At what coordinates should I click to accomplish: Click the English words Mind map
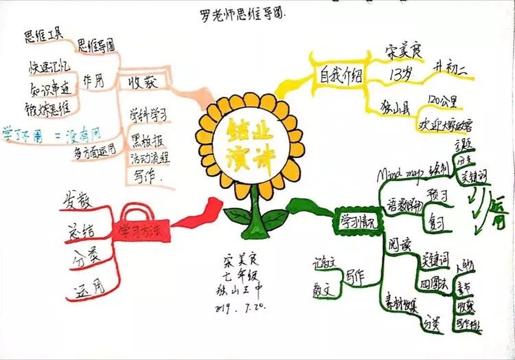(398, 175)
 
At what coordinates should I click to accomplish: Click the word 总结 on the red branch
(80, 229)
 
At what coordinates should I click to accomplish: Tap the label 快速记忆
(49, 67)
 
